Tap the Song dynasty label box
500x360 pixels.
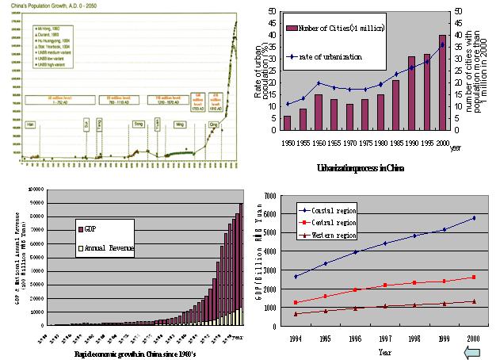point(138,124)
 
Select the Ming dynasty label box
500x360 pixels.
point(179,124)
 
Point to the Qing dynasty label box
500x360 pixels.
point(213,124)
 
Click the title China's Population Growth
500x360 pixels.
point(55,7)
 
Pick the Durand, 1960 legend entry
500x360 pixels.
point(49,36)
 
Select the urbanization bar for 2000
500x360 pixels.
point(442,82)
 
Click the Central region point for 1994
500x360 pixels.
point(296,303)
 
